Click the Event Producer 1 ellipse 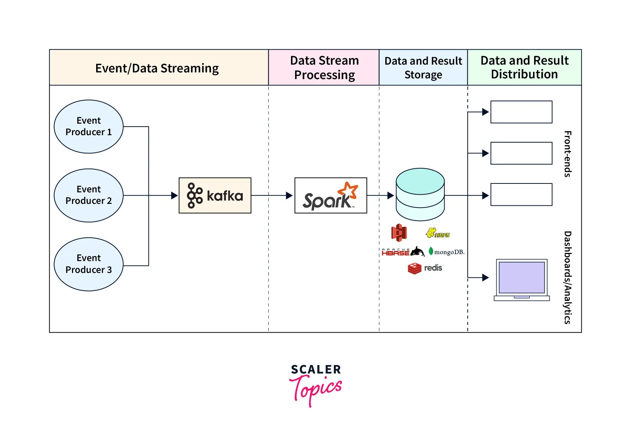(88, 127)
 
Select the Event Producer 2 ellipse (88, 195)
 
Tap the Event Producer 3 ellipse (88, 264)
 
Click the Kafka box (215, 195)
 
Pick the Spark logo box (330, 195)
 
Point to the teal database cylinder (420, 194)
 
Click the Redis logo (425, 268)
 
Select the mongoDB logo (446, 252)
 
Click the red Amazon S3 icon (399, 233)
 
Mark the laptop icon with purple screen (522, 280)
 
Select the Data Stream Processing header (324, 68)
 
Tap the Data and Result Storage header (423, 68)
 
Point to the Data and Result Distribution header (524, 68)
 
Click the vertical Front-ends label (567, 154)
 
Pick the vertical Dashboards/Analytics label (567, 277)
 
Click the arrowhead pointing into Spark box (290, 195)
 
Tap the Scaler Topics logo (315, 384)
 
